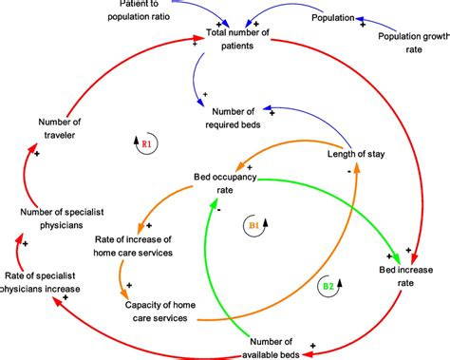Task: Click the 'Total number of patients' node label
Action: pos(251,40)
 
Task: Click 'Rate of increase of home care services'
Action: pos(133,245)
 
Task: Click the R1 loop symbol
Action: pos(146,144)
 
